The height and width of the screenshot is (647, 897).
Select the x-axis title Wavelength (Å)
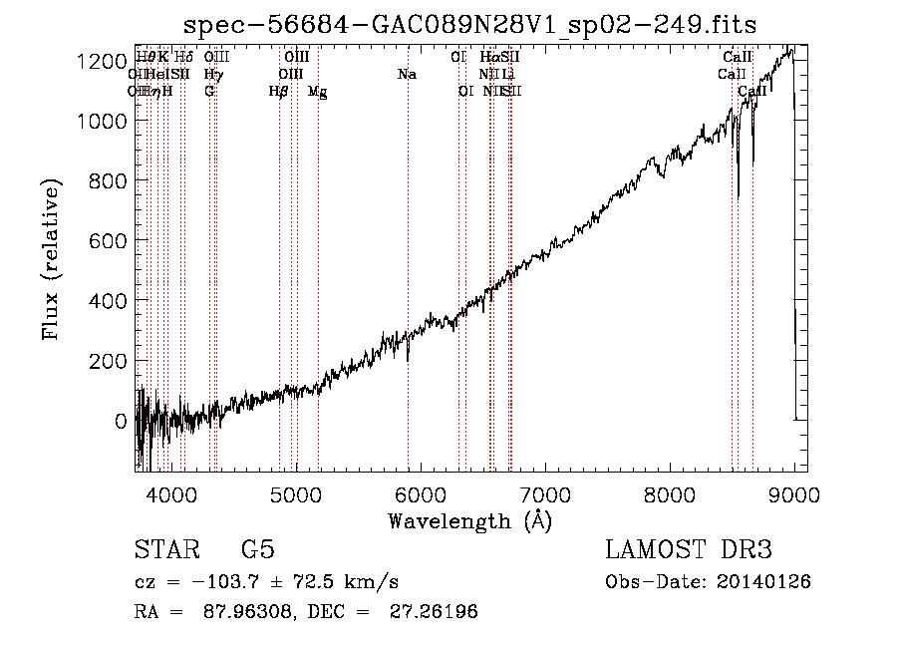coord(469,520)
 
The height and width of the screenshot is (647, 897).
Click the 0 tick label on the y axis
coord(119,421)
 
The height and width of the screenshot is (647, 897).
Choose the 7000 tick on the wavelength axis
coord(545,493)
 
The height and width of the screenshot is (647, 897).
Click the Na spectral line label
coord(407,75)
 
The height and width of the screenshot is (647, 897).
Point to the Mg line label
coord(317,92)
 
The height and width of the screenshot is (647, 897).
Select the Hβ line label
coord(279,92)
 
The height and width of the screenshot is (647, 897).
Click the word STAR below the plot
coord(165,550)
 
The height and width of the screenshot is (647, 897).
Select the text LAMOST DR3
coord(688,550)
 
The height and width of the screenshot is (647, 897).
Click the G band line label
coord(209,92)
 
